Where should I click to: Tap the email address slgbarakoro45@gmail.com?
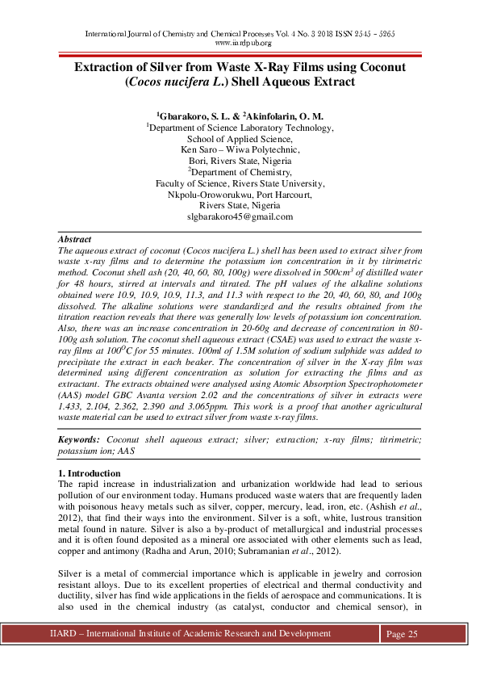click(x=240, y=216)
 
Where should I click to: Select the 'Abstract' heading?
click(x=74, y=240)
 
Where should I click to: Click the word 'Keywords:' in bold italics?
click(x=79, y=439)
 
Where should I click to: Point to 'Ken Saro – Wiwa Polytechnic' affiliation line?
click(x=240, y=149)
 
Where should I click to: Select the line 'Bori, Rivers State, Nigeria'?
click(x=240, y=161)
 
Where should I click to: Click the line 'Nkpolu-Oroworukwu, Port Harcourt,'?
click(x=240, y=195)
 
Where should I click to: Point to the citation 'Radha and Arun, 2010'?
click(x=185, y=551)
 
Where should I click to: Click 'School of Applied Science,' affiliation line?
click(x=240, y=138)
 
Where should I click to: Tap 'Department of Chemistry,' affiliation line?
click(x=240, y=172)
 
